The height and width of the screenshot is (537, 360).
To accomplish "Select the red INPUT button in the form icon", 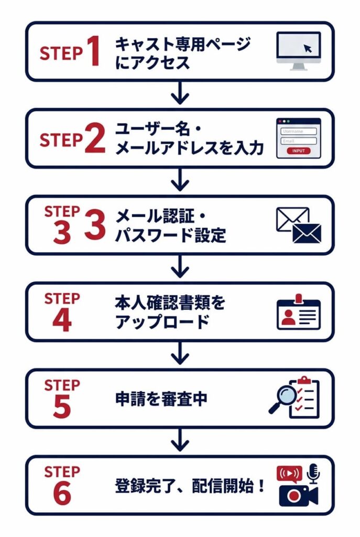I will pos(299,151).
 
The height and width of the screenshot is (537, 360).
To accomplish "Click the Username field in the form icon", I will pos(299,132).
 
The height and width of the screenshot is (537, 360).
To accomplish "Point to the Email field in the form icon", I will pos(299,141).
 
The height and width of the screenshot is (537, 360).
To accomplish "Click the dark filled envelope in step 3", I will pos(307,233).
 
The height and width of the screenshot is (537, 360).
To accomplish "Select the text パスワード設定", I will pos(170,235).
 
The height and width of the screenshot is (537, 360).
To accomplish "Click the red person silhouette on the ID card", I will pos(288,316).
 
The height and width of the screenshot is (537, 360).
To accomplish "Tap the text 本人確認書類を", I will pos(170,303).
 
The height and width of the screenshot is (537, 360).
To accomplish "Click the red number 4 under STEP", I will pos(62,321).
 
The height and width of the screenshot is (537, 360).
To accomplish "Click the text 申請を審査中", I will pos(161,399).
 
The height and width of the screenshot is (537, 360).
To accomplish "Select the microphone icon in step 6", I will pos(313,472).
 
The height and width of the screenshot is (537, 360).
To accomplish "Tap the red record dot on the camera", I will pos(295,496).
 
